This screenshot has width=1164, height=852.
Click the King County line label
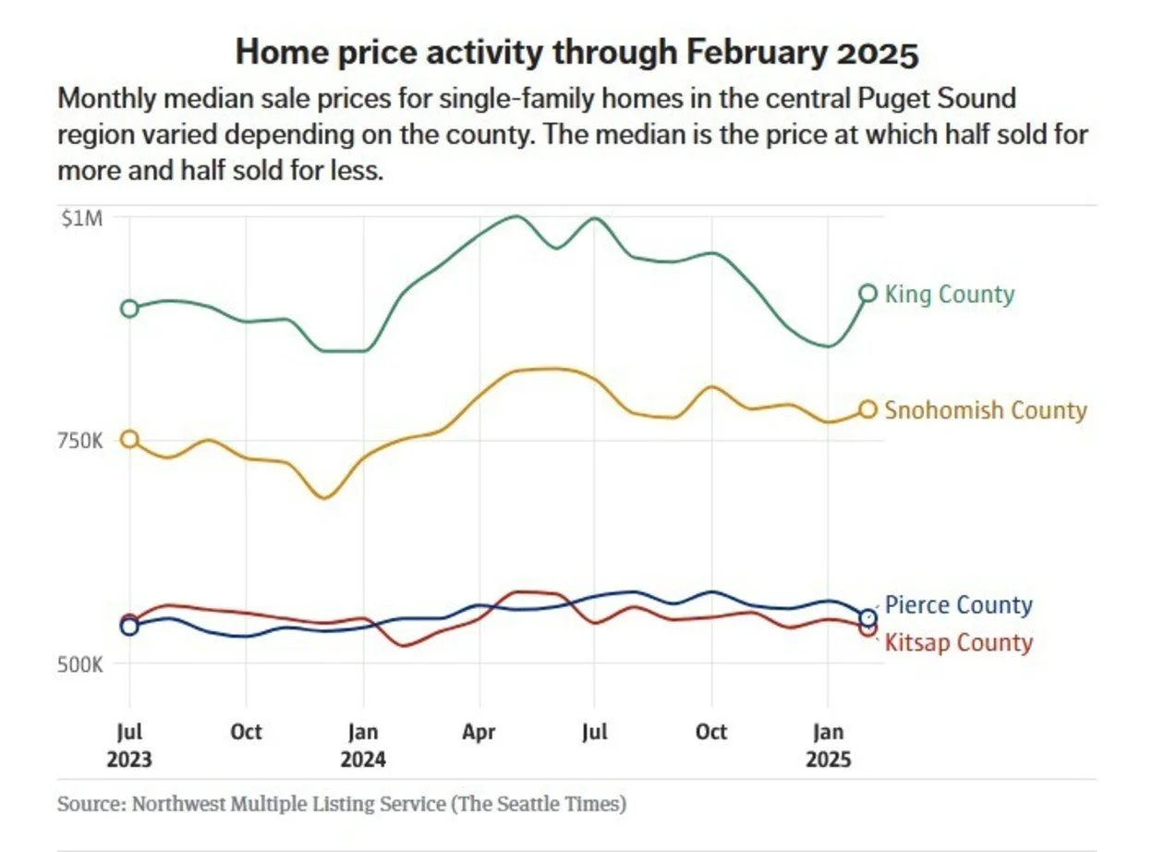tap(949, 295)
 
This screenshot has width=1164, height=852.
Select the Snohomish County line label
tap(985, 410)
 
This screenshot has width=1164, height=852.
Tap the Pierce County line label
tap(958, 605)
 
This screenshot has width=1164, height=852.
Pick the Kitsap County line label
tap(958, 642)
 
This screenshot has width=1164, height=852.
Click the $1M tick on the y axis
tap(82, 218)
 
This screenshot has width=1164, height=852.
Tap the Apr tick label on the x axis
tap(479, 733)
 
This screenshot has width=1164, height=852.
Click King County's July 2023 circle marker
tap(129, 309)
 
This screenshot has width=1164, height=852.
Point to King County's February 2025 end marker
tap(867, 293)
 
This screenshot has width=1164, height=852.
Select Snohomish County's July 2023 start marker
tap(129, 439)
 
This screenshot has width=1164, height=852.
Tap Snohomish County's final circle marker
tap(867, 409)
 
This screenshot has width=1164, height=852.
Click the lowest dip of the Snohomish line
tap(323, 498)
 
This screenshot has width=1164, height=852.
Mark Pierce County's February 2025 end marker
tap(867, 618)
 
